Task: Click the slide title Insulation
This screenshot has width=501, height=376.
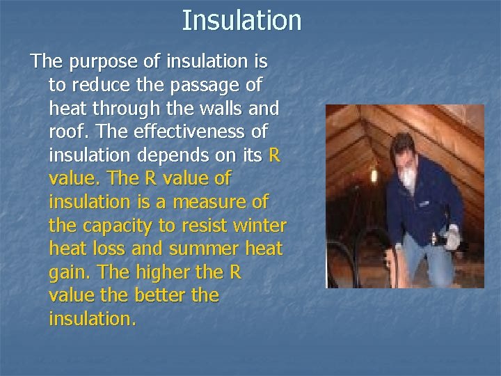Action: pyautogui.click(x=241, y=20)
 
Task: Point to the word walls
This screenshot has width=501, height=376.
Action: pyautogui.click(x=216, y=108)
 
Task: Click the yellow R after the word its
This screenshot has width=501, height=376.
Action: pyautogui.click(x=273, y=155)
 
